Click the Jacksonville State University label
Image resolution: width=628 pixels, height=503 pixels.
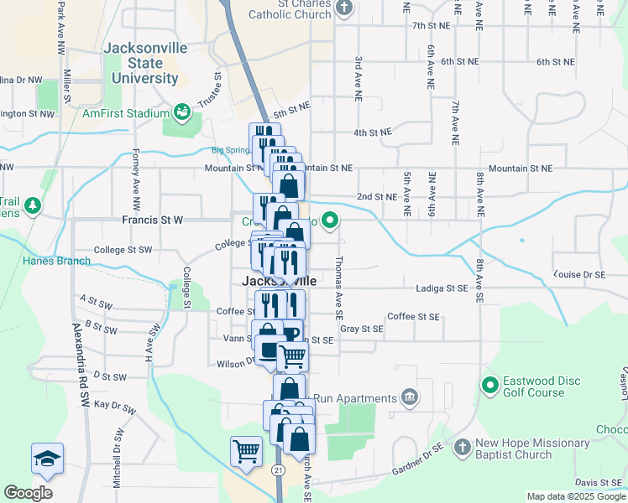(x=144, y=63)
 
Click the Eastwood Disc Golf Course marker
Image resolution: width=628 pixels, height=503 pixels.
(x=489, y=386)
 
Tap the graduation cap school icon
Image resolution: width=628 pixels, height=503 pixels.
(x=47, y=458)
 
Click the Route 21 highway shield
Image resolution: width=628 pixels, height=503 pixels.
(x=276, y=470)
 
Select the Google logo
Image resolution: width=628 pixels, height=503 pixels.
(x=28, y=493)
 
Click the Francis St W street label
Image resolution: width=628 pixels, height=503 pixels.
(x=152, y=220)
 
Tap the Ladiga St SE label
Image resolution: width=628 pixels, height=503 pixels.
(x=442, y=288)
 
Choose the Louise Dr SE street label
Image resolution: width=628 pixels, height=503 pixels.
(x=579, y=274)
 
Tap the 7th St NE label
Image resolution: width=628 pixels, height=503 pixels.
(x=432, y=26)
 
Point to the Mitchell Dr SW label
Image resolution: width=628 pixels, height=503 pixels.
(x=118, y=459)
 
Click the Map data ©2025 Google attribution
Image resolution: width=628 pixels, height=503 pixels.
(x=576, y=496)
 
